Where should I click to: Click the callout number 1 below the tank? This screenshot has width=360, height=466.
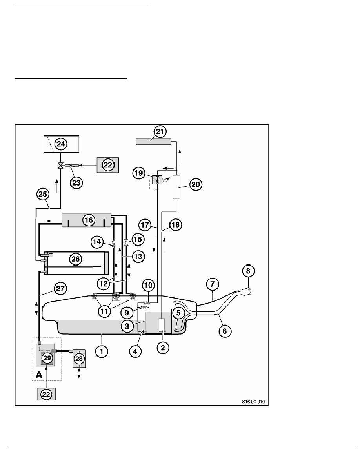pos(102,352)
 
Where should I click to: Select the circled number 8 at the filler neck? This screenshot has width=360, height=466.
pos(248,271)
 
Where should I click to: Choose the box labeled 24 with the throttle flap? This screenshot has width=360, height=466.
pos(60,144)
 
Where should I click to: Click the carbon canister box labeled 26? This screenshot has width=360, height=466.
pos(75,258)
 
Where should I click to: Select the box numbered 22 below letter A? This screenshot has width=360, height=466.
pos(46,394)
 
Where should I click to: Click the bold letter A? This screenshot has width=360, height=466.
pos(39,375)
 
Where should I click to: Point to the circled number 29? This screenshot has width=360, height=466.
pos(47,358)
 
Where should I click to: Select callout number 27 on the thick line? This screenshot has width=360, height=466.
pos(60,289)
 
